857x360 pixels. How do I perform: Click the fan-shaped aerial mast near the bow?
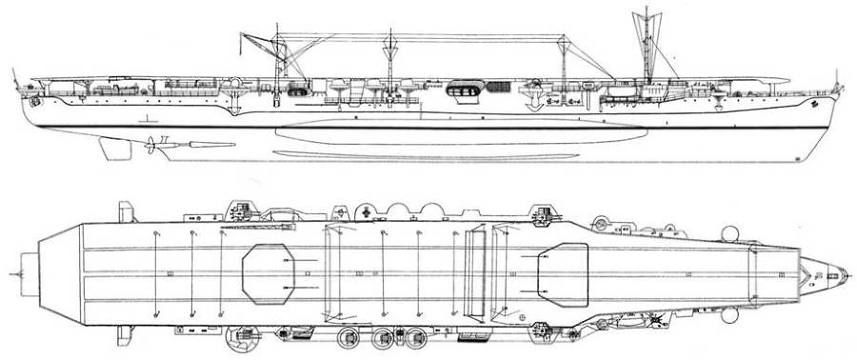click(x=648, y=29)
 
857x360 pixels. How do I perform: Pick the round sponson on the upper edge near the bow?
click(x=730, y=231)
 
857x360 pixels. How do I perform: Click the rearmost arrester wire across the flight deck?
click(x=154, y=271)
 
